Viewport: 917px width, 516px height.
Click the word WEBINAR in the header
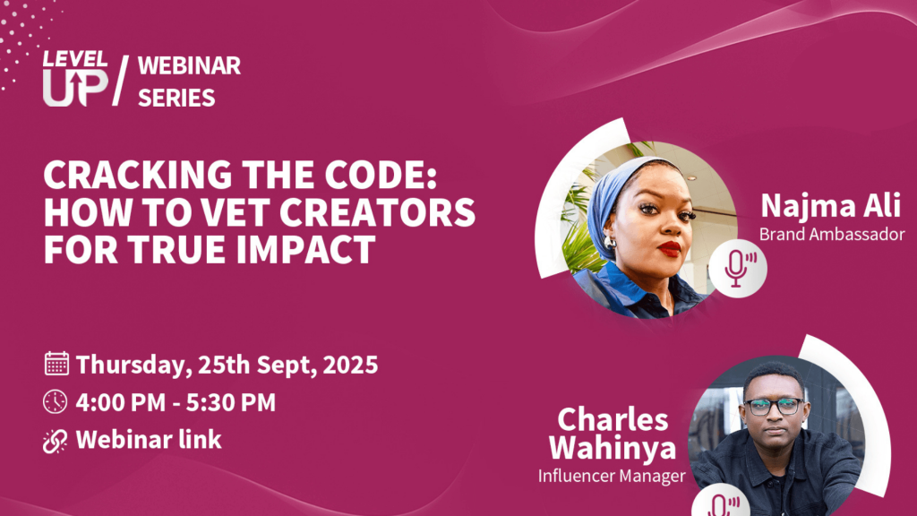pos(189,65)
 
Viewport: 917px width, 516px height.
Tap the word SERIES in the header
pos(176,97)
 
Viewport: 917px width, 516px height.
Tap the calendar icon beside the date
pos(56,364)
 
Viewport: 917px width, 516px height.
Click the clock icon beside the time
pos(56,402)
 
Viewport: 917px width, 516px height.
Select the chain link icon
pos(56,441)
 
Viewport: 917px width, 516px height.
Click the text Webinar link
pos(149,441)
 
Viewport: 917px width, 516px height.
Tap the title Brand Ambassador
pos(832,235)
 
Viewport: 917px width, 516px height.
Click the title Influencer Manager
pos(612,475)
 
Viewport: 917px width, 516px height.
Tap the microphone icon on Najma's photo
pos(738,267)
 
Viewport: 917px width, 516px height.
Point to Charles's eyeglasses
pos(774,406)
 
